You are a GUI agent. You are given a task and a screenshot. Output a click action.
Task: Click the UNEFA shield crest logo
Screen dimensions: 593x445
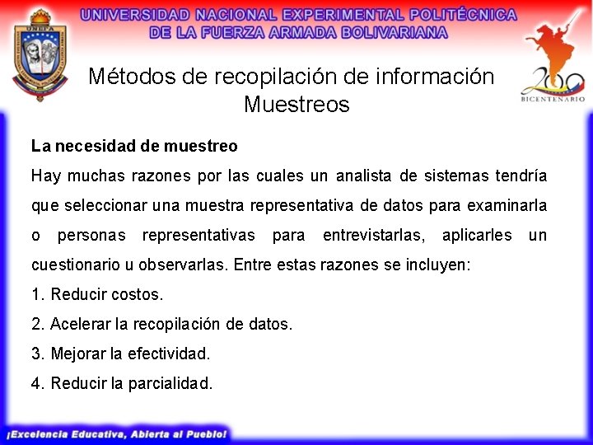click(x=40, y=55)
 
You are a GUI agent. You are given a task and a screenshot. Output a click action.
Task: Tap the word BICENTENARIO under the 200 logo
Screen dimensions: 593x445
click(x=553, y=99)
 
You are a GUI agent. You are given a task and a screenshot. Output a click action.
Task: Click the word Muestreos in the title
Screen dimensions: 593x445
click(x=296, y=104)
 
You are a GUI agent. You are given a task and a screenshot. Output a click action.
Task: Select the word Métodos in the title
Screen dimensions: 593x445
click(x=132, y=76)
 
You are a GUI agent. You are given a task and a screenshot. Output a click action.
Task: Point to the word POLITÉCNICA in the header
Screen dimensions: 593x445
click(x=463, y=15)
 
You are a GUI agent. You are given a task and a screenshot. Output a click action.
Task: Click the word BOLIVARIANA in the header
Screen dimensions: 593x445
click(x=395, y=32)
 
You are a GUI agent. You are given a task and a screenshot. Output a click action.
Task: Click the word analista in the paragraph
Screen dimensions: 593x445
click(x=363, y=176)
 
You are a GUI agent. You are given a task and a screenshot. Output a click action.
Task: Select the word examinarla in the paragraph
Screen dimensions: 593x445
click(x=507, y=205)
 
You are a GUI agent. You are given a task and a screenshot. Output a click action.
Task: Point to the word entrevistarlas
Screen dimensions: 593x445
click(x=374, y=236)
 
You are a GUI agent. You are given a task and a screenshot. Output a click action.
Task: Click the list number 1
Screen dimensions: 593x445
click(x=36, y=294)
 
